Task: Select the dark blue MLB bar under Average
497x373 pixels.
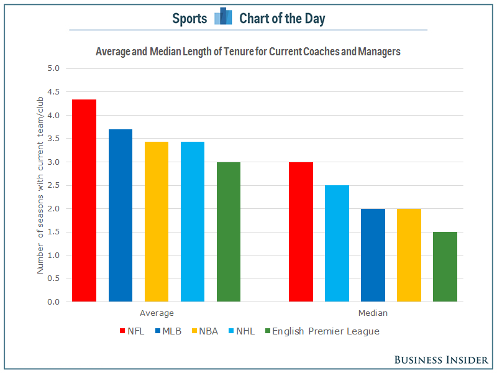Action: (x=120, y=216)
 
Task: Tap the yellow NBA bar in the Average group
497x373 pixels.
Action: (x=156, y=222)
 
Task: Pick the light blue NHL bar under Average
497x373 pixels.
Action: (x=193, y=222)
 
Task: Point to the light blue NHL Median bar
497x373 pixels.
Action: (x=337, y=244)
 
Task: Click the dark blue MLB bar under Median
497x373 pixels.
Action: (x=373, y=256)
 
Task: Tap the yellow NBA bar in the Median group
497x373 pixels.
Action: (x=409, y=256)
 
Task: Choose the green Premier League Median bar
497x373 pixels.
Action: (x=445, y=267)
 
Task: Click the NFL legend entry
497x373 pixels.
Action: (x=131, y=331)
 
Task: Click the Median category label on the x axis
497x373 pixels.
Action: (x=373, y=313)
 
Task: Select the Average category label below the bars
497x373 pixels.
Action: (x=157, y=313)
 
